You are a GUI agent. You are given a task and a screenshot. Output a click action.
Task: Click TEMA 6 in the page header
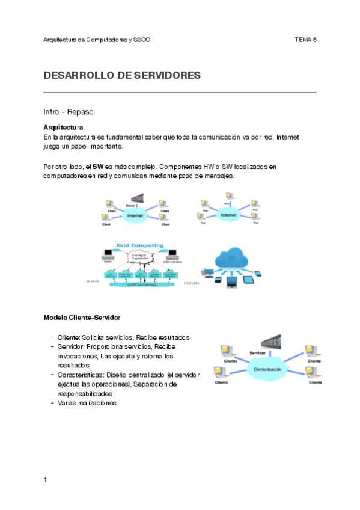305,40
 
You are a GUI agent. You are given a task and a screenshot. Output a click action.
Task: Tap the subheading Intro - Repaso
68,112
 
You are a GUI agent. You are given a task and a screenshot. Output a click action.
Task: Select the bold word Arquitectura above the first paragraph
63,127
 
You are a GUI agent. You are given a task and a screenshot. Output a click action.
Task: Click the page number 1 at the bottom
46,479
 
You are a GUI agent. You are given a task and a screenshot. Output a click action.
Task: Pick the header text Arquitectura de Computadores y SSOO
97,40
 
